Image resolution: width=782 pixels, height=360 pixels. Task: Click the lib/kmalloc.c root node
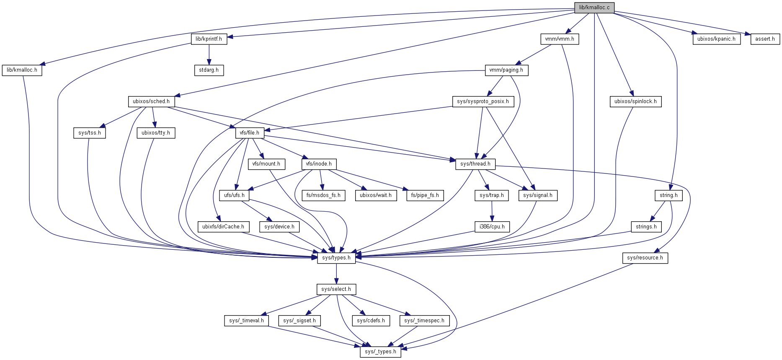pyautogui.click(x=594, y=8)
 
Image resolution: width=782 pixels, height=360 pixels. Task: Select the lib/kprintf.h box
pyautogui.click(x=209, y=39)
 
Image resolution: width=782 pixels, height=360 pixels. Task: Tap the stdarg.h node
pyautogui.click(x=209, y=70)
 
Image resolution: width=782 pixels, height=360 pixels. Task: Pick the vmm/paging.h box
pyautogui.click(x=506, y=70)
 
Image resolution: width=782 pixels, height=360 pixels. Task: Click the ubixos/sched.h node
pyautogui.click(x=151, y=101)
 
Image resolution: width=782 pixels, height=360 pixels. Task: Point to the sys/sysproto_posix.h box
pyautogui.click(x=483, y=101)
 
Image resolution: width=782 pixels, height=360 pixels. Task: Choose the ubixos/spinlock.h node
pyautogui.click(x=635, y=101)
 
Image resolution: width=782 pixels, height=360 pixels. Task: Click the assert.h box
pyautogui.click(x=765, y=39)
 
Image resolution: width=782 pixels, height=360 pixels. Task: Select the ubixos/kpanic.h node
pyautogui.click(x=716, y=39)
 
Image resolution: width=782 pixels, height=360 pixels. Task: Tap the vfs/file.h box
pyautogui.click(x=249, y=133)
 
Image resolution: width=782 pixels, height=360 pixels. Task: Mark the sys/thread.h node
pyautogui.click(x=475, y=164)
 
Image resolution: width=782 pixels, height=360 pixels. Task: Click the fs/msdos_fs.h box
pyautogui.click(x=323, y=195)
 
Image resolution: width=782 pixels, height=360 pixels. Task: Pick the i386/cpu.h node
pyautogui.click(x=492, y=227)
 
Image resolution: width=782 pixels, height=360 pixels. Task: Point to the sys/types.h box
pyautogui.click(x=336, y=258)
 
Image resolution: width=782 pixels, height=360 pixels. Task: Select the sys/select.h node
pyautogui.click(x=336, y=289)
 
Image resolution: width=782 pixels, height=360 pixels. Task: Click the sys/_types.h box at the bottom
pyautogui.click(x=380, y=352)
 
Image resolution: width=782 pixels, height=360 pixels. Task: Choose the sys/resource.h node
pyautogui.click(x=645, y=258)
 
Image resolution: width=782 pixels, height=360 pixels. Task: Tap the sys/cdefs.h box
pyautogui.click(x=371, y=321)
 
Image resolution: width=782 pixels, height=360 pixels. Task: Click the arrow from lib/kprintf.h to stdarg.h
pyautogui.click(x=209, y=54)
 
